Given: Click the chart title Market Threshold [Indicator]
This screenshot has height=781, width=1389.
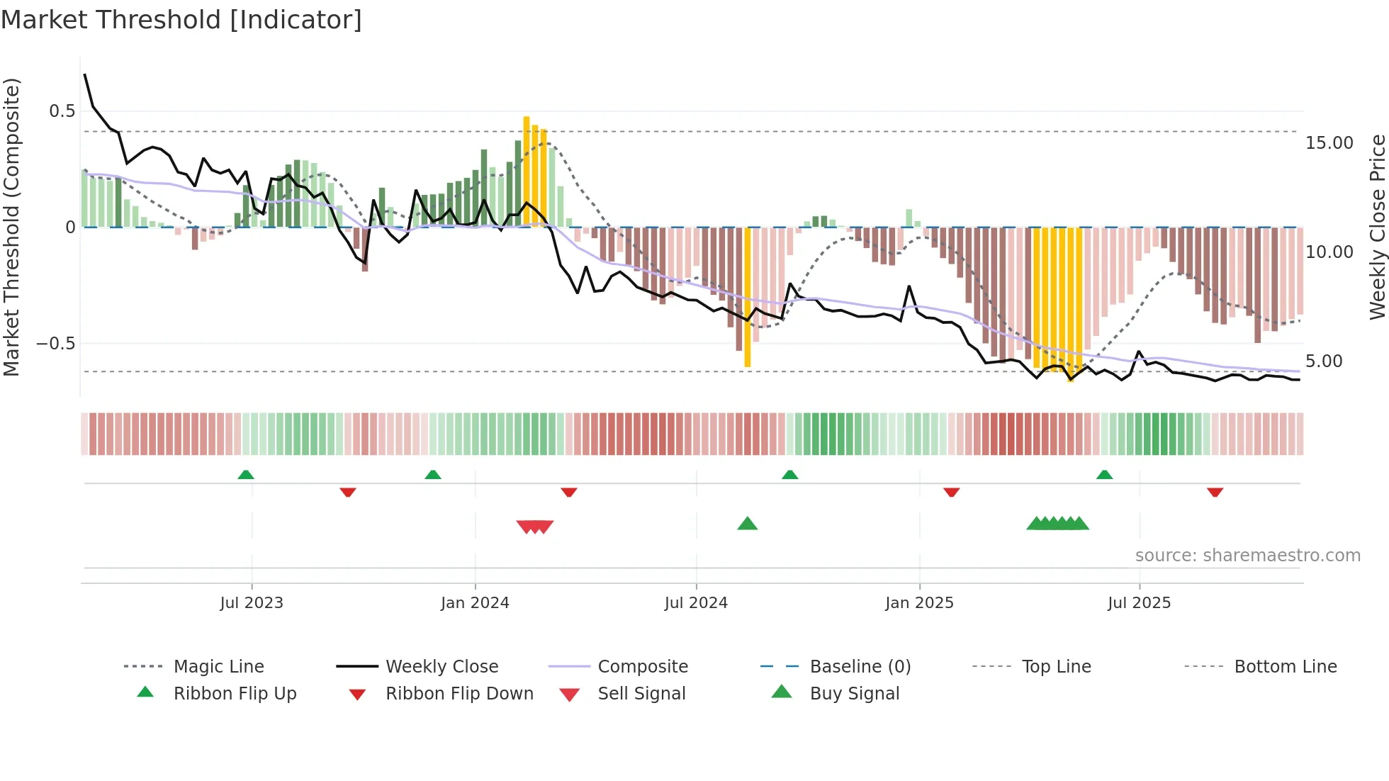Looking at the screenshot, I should point(181,20).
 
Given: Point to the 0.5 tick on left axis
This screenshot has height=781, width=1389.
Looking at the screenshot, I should point(62,111).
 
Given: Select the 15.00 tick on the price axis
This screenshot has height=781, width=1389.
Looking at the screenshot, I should point(1329,143).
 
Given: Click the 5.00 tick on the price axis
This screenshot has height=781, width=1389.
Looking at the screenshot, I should point(1324,361).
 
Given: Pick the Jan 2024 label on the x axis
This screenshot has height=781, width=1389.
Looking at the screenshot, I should point(475,603).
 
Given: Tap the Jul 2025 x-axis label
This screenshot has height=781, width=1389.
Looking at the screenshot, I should point(1139,603).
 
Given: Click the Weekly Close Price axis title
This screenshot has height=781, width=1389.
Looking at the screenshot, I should point(1377,227).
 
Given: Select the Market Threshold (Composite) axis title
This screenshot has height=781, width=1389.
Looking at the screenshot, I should point(11,227).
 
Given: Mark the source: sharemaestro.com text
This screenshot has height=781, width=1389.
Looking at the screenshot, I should point(1247,556).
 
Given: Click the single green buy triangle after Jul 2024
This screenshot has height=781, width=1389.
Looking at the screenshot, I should point(748,524).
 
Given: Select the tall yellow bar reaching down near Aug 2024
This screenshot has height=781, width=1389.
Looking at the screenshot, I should point(748,298).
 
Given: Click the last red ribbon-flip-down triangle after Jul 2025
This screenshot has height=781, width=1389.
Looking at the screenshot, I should point(1215,492).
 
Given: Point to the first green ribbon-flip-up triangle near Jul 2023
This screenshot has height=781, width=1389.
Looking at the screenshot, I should point(246,475).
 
